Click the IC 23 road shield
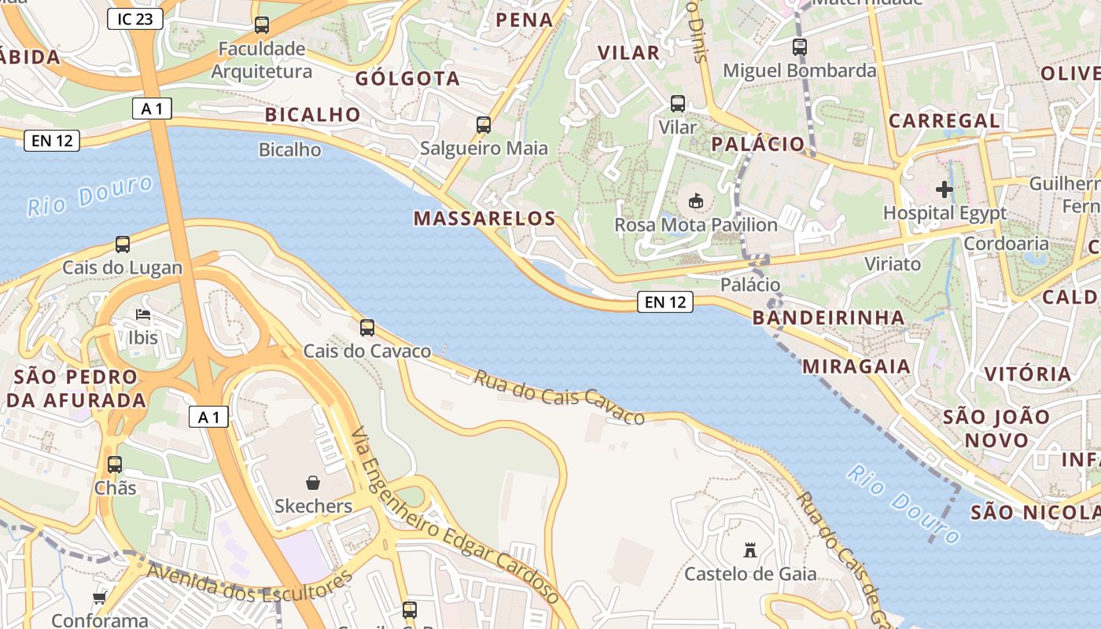pos(135,19)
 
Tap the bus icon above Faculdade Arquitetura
pos(262,25)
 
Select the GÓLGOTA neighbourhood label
pos(407,79)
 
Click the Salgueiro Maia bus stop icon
pos(484,125)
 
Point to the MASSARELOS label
pos(484,219)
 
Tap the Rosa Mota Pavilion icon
pos(696,201)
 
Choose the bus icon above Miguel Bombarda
pos(800,47)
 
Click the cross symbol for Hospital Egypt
pos(945,189)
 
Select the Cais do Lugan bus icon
pos(123,245)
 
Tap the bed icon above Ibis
pos(143,315)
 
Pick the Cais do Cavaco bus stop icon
pos(367,328)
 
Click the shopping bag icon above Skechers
pos(313,482)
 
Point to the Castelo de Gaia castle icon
pos(750,550)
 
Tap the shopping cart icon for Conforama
pos(99,598)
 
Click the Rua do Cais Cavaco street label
pos(559,397)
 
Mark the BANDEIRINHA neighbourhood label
pos(829,318)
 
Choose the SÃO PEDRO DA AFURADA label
pos(76,388)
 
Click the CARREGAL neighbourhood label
pos(944,121)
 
